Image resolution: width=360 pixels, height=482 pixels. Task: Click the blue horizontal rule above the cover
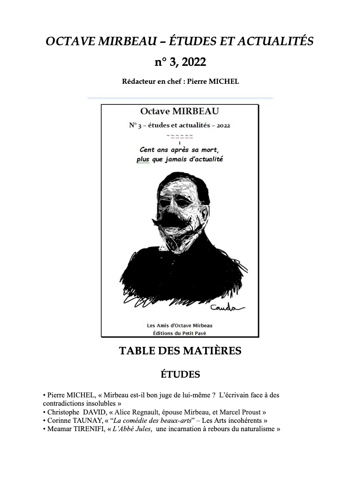[x=180, y=98]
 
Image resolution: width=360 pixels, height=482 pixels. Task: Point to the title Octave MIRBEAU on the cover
[x=179, y=111]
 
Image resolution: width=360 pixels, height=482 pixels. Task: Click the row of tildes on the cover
[x=180, y=136]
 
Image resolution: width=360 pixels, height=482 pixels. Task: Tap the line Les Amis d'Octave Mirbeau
[x=180, y=325]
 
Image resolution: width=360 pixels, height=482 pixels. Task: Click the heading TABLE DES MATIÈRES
[x=180, y=351]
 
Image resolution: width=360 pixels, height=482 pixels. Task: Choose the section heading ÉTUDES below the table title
[x=180, y=375]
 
